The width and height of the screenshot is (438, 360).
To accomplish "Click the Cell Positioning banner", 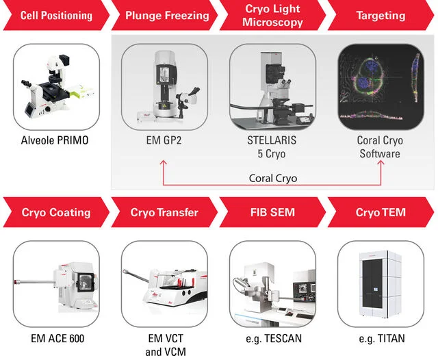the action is [56, 15].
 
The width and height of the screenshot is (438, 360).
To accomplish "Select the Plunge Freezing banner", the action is [165, 15].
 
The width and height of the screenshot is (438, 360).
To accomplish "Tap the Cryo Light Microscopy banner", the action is [272, 15].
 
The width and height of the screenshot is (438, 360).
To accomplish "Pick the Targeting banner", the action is [381, 15].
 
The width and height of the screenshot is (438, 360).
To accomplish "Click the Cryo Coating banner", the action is [56, 212].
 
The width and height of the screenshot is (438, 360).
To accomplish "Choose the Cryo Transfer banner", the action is [165, 212].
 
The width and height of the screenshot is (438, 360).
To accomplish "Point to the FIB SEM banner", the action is [272, 212].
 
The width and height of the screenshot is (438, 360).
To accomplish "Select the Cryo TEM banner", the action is [381, 212].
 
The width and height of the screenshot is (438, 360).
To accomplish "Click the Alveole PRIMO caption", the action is [55, 140].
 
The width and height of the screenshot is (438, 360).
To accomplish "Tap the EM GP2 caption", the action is [164, 140].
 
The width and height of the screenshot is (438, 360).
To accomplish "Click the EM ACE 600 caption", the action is [57, 339].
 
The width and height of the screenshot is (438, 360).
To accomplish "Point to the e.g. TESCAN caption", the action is [274, 339].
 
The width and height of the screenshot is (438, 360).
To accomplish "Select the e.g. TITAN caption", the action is [382, 339].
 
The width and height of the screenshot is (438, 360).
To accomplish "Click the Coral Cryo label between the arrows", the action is [273, 178].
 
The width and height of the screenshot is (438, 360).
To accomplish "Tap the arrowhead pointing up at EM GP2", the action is [164, 162].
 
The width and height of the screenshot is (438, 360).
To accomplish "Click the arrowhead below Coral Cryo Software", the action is [381, 162].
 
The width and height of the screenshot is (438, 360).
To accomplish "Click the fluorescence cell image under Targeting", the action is [381, 87].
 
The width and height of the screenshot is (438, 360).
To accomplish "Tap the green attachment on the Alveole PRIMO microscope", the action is [81, 91].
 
